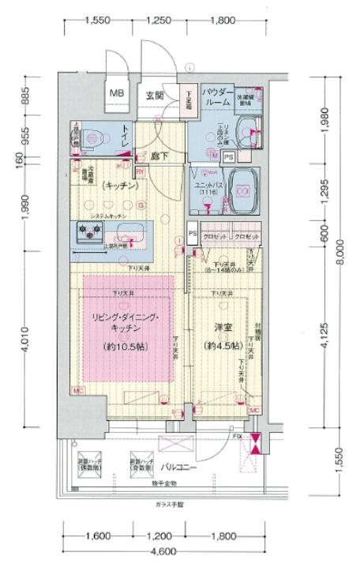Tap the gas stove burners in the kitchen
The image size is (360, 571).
pyautogui.click(x=88, y=231)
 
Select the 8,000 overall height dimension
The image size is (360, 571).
pyautogui.click(x=340, y=254)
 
